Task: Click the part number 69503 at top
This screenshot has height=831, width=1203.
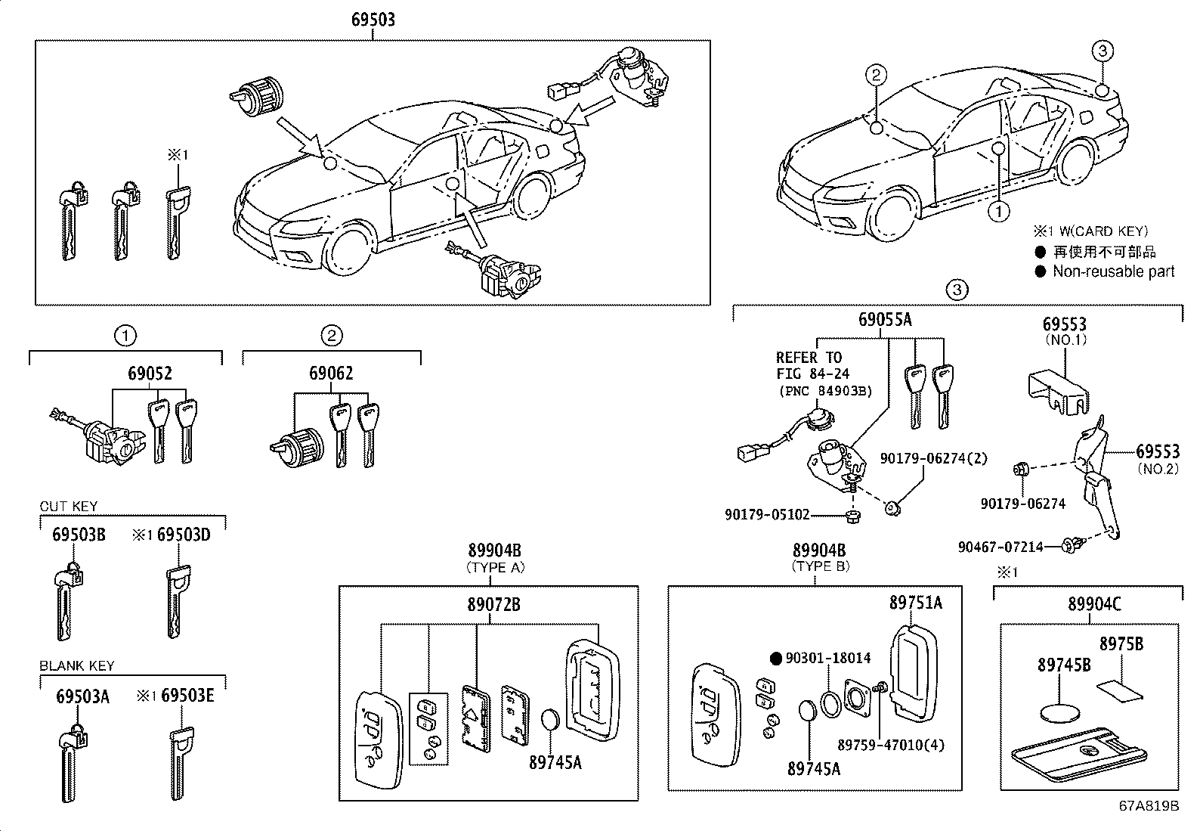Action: (x=373, y=18)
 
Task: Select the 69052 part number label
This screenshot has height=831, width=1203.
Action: (x=150, y=374)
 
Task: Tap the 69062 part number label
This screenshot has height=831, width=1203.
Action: (x=330, y=374)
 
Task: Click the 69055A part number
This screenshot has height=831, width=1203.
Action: (x=885, y=320)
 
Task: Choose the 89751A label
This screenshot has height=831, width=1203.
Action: (x=915, y=603)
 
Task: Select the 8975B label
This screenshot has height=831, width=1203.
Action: (x=1121, y=643)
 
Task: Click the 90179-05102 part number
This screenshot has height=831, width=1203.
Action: (x=767, y=515)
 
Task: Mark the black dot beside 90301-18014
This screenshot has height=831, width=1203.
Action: (x=775, y=659)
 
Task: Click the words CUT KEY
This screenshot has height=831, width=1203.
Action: (x=69, y=507)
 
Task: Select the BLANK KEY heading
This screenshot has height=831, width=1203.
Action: (x=77, y=665)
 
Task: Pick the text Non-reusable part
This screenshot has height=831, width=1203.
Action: (x=1114, y=271)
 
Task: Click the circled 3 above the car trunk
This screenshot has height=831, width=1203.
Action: (x=1102, y=51)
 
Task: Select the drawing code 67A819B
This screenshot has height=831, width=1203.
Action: (x=1149, y=805)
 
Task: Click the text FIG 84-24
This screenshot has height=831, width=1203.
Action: (x=812, y=373)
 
